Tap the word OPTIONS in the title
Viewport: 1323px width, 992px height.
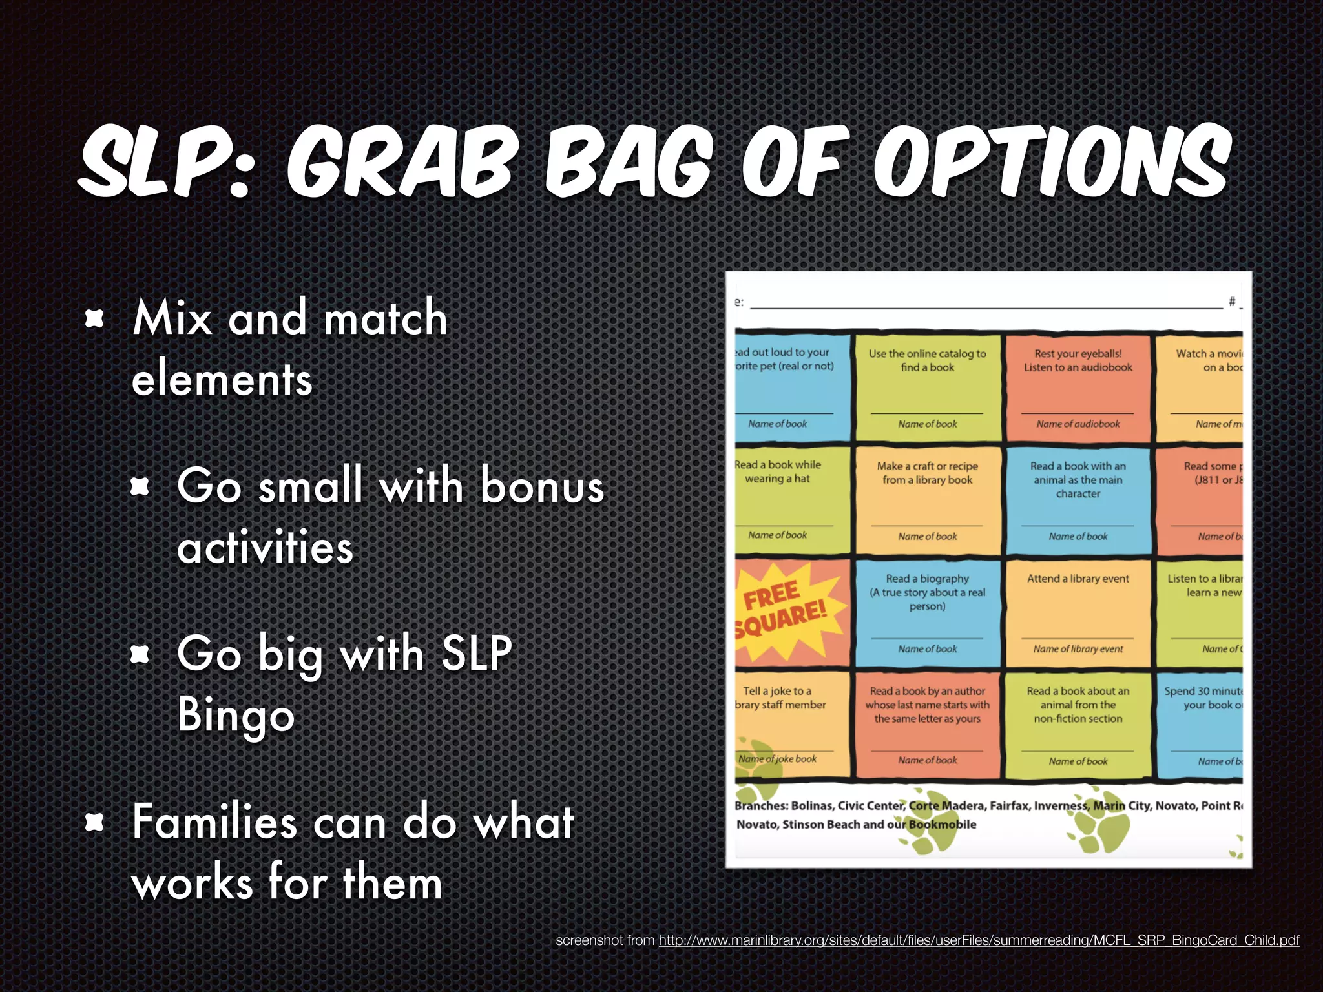(x=1053, y=161)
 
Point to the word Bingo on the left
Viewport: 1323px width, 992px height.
(x=236, y=714)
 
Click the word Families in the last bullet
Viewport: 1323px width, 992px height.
(x=213, y=821)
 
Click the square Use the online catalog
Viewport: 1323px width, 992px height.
(x=927, y=387)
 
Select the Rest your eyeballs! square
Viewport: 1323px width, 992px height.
(x=1078, y=387)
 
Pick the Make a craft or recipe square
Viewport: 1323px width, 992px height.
(x=927, y=501)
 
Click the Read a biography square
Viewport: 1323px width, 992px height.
(x=927, y=612)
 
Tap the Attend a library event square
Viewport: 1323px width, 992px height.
(x=1078, y=612)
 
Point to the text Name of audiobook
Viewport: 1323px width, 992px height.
(x=1078, y=424)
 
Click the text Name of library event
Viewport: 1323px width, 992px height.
(x=1078, y=648)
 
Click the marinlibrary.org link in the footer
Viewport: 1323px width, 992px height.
(x=978, y=940)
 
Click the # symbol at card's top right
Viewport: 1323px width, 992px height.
(x=1231, y=301)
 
